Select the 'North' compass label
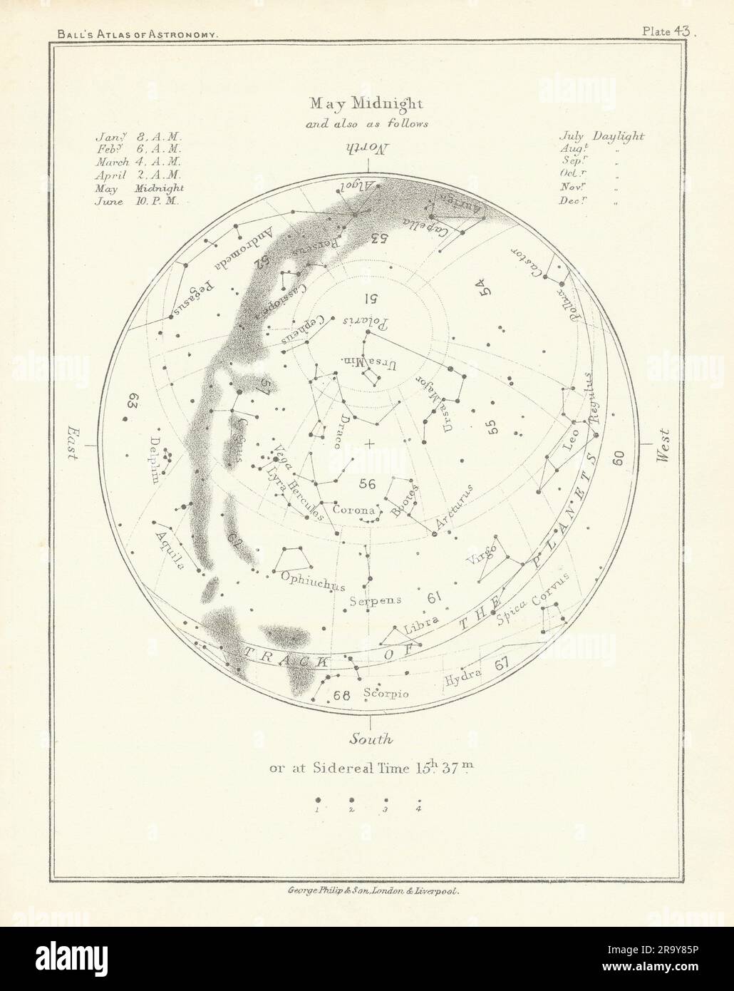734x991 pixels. (367, 148)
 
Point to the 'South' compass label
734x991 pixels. (366, 739)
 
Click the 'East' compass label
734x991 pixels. (74, 443)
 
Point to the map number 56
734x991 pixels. (367, 484)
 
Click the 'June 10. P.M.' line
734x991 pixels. (140, 202)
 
